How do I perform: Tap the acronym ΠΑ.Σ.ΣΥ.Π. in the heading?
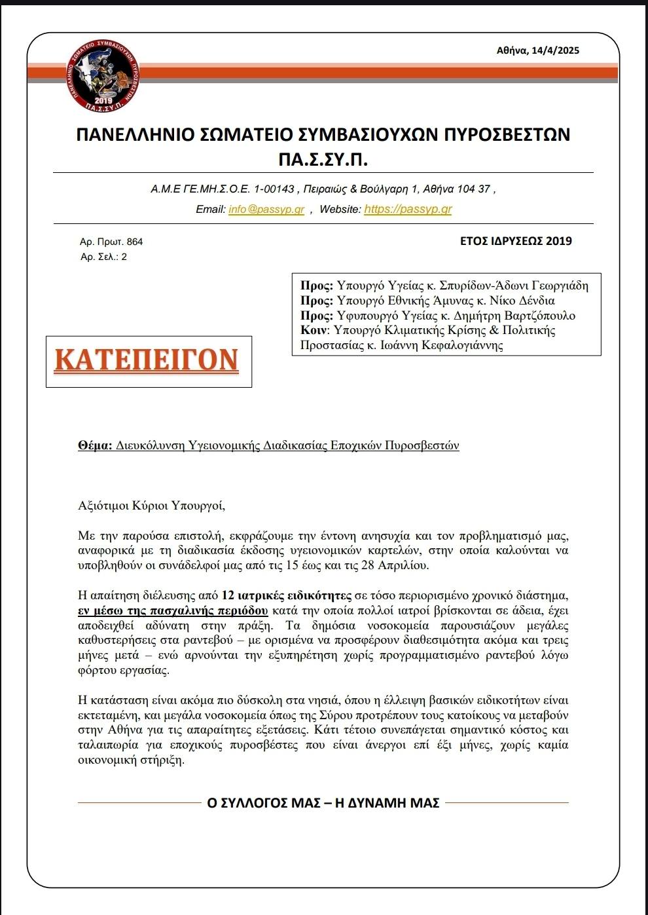click(323, 159)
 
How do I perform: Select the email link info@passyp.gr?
click(266, 210)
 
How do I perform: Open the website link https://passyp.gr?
click(408, 210)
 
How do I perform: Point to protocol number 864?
click(135, 242)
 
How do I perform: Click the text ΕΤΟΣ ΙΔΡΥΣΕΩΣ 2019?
click(516, 241)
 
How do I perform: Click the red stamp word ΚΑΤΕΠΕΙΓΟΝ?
click(147, 361)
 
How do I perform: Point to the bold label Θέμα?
click(96, 446)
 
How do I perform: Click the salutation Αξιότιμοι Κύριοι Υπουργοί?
click(151, 505)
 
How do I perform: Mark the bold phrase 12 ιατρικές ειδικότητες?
click(287, 595)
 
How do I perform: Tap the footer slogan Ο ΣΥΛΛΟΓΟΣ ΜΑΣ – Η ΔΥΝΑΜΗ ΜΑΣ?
click(323, 802)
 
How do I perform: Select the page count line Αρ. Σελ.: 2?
click(103, 257)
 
